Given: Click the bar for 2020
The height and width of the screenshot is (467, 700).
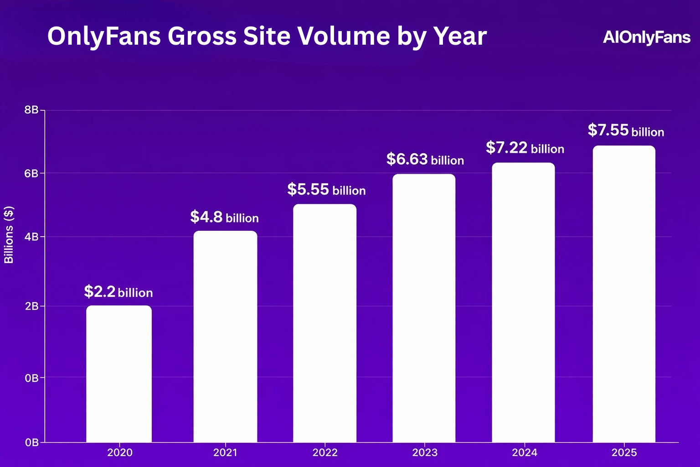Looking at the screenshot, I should [119, 374].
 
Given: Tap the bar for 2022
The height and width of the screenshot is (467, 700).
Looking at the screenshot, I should [324, 323].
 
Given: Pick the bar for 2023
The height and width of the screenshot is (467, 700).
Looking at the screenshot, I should [424, 308].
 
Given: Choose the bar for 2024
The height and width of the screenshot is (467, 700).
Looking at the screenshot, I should [524, 303].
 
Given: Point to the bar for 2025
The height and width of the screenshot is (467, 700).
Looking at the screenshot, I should [624, 294].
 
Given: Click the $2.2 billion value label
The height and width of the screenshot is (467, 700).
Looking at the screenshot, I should [118, 292].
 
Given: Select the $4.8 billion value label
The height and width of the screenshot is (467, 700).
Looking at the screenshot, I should [224, 217].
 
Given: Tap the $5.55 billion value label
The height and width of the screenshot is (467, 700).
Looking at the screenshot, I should [326, 190].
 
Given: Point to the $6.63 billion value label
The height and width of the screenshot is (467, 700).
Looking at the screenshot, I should [425, 160].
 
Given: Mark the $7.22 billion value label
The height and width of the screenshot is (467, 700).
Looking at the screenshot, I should [525, 148].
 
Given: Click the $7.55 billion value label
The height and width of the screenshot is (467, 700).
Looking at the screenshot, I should [626, 131].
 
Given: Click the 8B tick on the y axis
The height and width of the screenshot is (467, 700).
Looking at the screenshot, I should [31, 110].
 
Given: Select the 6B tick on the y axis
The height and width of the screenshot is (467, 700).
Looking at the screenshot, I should [31, 173].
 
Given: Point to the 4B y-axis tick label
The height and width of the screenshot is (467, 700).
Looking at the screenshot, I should [31, 237].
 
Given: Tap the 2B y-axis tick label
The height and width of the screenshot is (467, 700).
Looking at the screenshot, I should [31, 306].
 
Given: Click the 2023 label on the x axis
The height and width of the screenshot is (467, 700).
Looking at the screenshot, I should [425, 452].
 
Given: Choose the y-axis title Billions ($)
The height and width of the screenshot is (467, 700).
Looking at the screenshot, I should [9, 235].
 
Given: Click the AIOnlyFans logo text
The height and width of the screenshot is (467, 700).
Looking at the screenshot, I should [647, 37].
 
